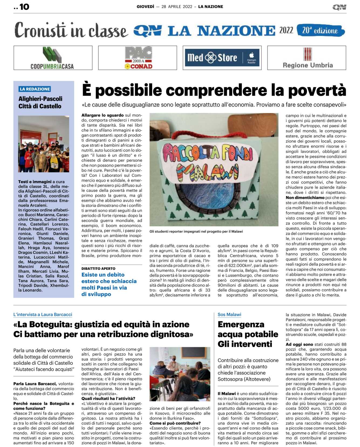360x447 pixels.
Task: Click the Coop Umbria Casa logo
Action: click(x=53, y=58)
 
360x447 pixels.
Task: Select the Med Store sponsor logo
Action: click(x=222, y=58)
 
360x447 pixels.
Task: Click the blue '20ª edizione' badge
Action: click(x=320, y=30)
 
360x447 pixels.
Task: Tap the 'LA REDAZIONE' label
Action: click(x=35, y=89)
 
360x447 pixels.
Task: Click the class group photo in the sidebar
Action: click(x=44, y=144)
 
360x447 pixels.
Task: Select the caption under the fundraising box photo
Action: click(x=196, y=231)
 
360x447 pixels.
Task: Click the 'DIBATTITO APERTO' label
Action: click(x=98, y=269)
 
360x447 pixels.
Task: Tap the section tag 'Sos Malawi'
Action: click(x=229, y=315)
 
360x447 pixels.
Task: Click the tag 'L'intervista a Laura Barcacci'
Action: click(x=43, y=315)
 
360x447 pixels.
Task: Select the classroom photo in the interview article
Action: click(x=180, y=374)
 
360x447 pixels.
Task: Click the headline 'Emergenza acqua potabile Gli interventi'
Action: click(x=248, y=334)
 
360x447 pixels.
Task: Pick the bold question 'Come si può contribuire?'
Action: click(x=175, y=423)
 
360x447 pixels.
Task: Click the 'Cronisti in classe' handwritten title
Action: click(x=71, y=30)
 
